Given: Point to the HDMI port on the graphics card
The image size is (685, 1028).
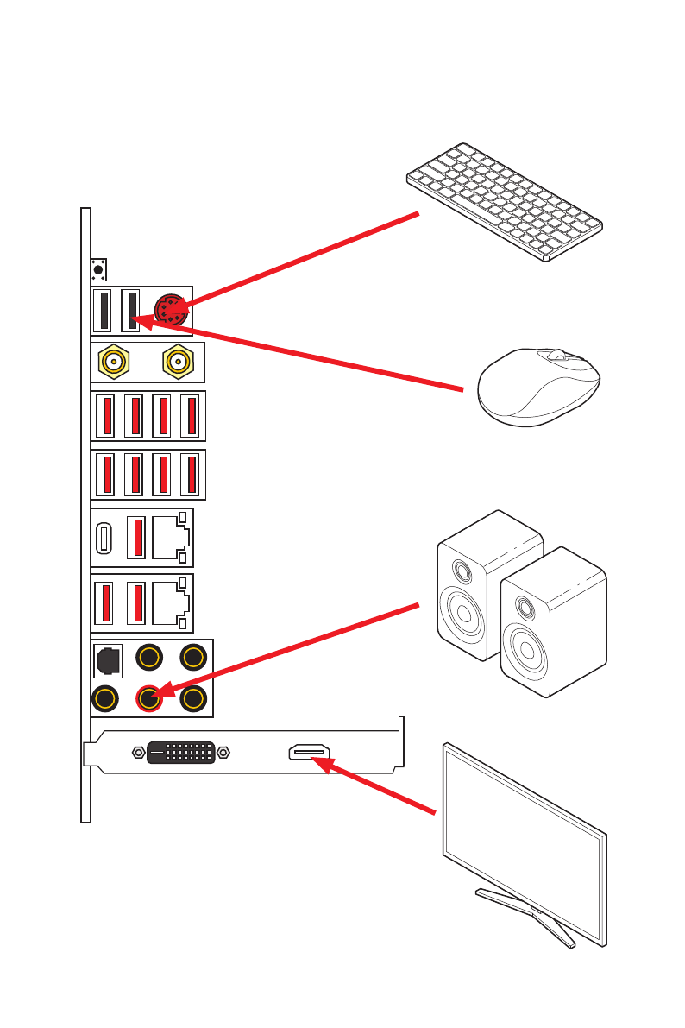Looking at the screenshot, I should [x=309, y=753].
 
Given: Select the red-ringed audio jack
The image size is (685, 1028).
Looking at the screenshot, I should [x=150, y=697].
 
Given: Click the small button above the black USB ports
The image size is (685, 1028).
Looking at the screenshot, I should [x=97, y=269].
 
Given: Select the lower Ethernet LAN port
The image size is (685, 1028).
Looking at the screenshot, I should [x=170, y=602].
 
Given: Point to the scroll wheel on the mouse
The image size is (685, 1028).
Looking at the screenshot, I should [x=562, y=355].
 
